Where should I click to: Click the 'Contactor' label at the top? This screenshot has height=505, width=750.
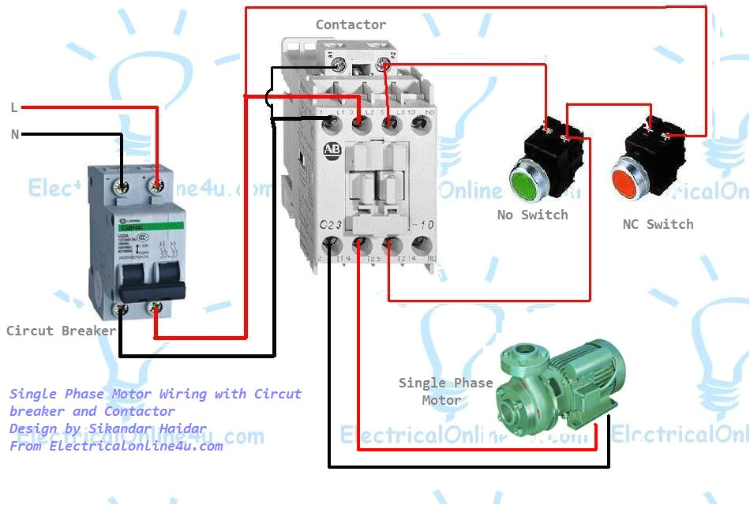[351, 24]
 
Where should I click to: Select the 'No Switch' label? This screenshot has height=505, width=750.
[532, 215]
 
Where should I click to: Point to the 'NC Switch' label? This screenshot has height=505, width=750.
[658, 224]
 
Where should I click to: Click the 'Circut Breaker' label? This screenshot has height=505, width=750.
[61, 331]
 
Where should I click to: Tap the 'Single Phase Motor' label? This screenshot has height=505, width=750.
[444, 391]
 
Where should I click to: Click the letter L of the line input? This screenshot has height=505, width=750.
[14, 107]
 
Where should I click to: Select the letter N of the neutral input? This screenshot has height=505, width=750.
[14, 134]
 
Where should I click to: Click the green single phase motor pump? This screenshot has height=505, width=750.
[561, 383]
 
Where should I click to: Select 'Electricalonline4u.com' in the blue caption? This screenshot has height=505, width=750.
[136, 446]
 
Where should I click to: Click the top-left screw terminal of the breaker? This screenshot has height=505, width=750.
[122, 187]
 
